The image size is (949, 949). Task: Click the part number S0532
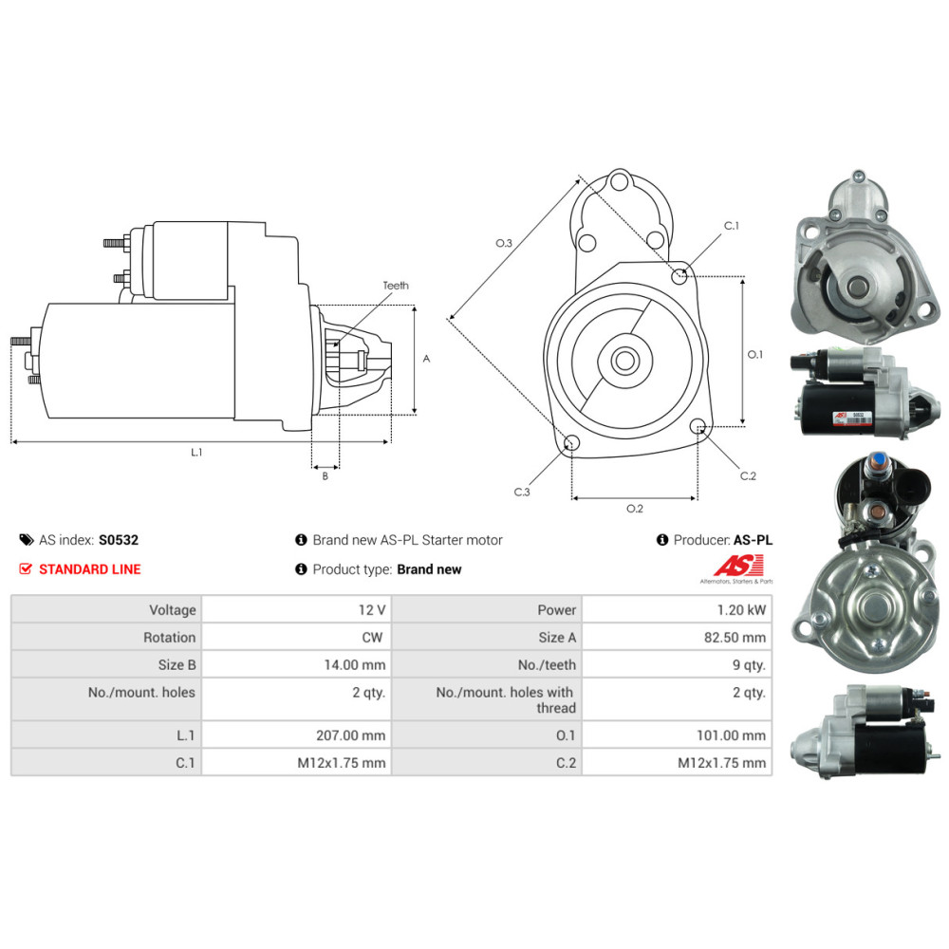click(x=119, y=540)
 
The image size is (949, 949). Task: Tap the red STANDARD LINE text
click(x=89, y=569)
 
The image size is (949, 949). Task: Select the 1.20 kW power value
click(x=741, y=610)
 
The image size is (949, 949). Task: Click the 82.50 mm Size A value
click(x=735, y=638)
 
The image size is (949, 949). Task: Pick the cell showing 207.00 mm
click(x=350, y=735)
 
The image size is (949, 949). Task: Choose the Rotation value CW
click(x=372, y=638)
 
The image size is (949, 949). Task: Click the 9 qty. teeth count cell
click(x=749, y=665)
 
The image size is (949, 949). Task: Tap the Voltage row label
click(x=173, y=610)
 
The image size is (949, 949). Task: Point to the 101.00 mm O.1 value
click(x=731, y=735)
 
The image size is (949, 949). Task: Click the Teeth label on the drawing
click(x=396, y=285)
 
